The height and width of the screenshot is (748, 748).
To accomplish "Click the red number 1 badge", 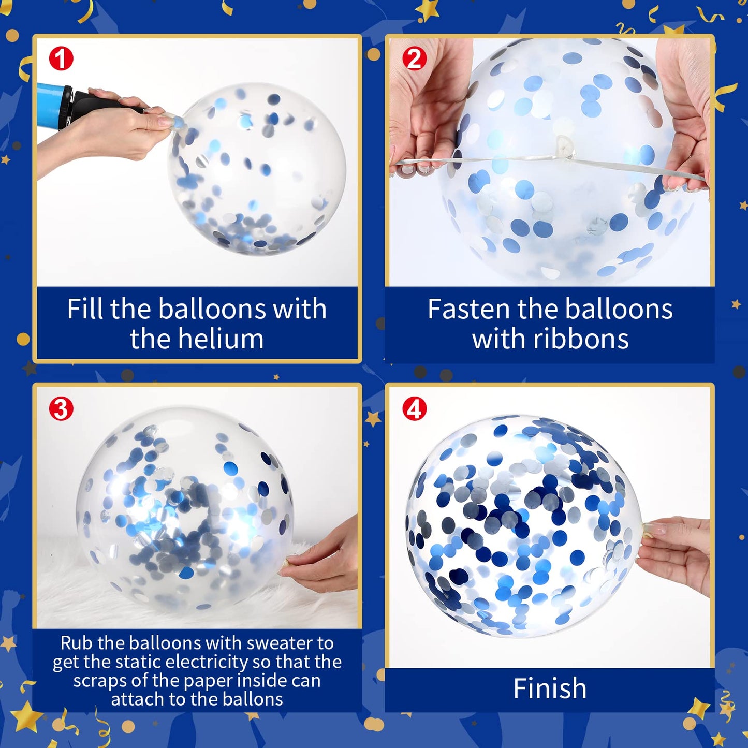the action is point(61,58).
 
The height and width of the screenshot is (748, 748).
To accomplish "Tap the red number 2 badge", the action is point(415,58).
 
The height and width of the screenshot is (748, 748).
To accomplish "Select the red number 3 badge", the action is point(61,408).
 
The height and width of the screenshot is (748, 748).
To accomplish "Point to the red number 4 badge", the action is point(415,408).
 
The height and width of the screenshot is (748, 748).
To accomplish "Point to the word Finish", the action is point(550,688).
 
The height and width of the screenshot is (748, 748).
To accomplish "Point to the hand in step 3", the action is point(324,559).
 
